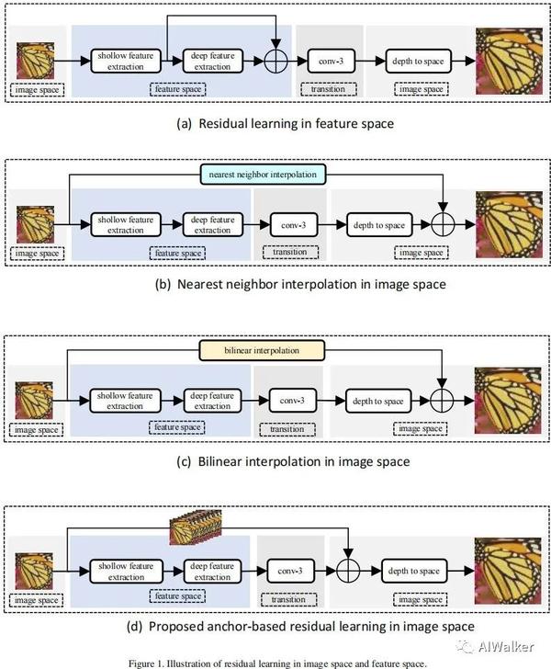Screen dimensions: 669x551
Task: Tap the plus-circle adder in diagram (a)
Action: point(275,61)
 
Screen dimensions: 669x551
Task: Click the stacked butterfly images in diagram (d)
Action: point(195,529)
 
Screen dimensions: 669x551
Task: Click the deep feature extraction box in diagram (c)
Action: point(213,401)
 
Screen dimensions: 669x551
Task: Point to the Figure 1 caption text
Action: point(275,661)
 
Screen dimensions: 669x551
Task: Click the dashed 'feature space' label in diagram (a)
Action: point(178,89)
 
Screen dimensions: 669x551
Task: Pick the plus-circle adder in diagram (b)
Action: point(443,223)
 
